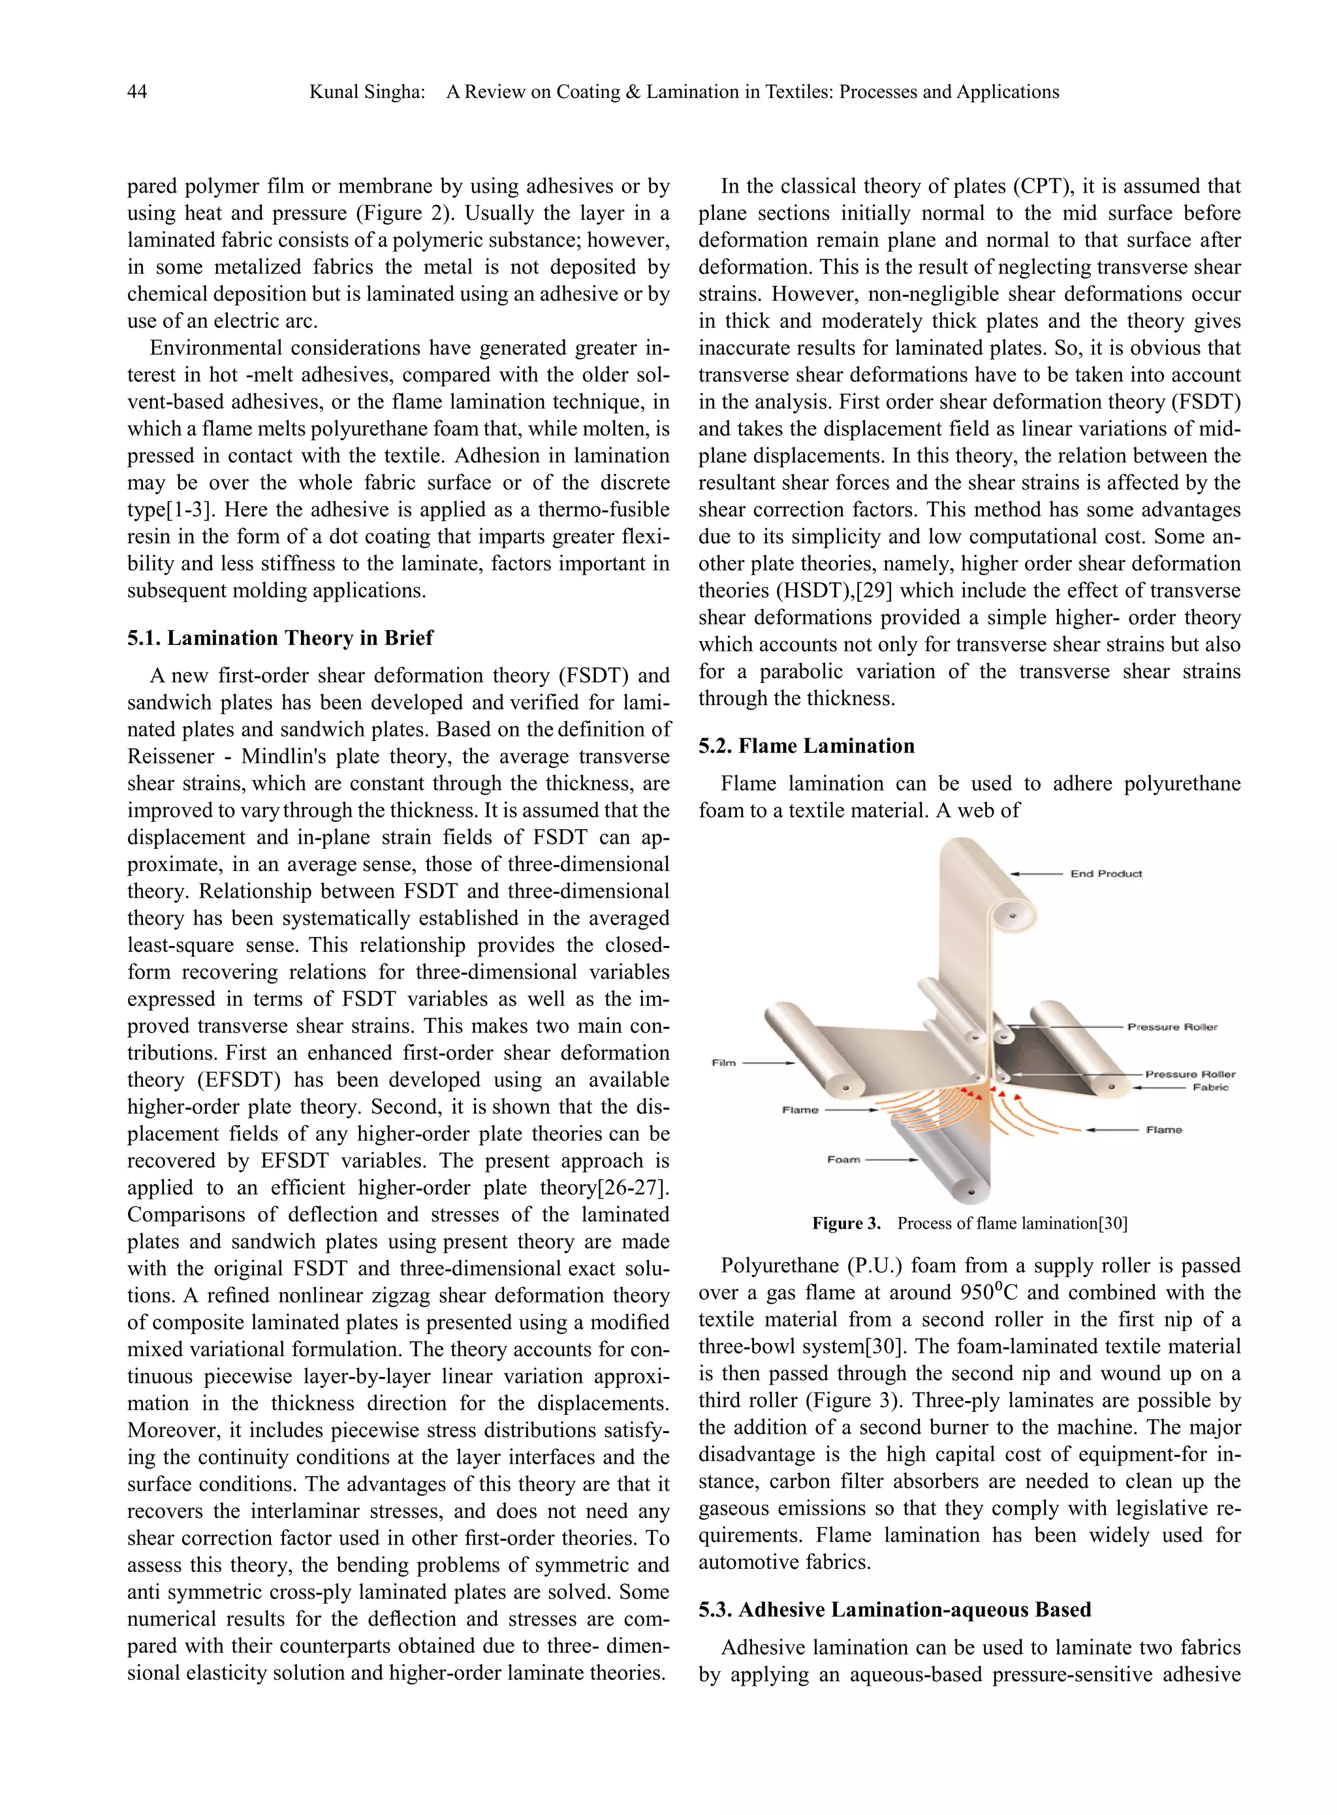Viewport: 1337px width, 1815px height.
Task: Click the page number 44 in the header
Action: tap(137, 92)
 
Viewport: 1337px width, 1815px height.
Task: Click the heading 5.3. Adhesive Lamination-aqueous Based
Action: tap(894, 1609)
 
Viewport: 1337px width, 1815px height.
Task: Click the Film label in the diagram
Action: tap(723, 1062)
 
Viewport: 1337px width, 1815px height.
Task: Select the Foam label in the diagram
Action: tap(843, 1160)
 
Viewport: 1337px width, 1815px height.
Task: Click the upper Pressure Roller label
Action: tap(1172, 1027)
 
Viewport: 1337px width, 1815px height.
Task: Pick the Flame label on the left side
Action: tap(800, 1110)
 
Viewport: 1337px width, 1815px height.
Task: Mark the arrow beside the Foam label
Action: tap(892, 1160)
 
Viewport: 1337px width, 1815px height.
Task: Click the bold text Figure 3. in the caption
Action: tap(845, 1223)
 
